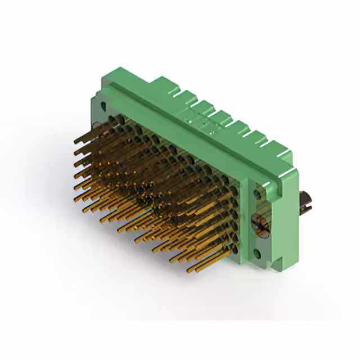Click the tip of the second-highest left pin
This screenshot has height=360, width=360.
point(75,151)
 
